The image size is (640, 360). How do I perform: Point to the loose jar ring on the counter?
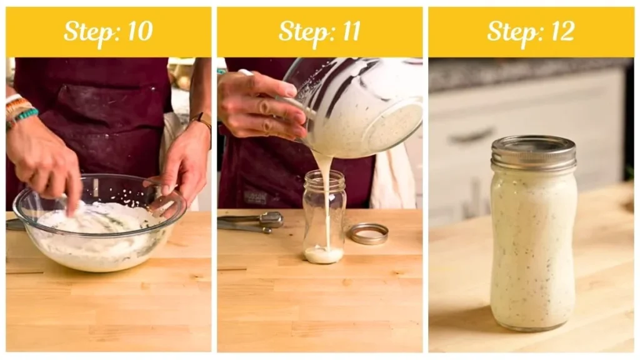(367, 233)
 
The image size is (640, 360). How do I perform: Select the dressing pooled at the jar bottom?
(323, 254)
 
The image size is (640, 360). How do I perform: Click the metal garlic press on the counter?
(253, 221)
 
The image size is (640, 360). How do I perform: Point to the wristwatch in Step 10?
(203, 121)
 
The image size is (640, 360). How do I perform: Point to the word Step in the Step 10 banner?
(86, 32)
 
